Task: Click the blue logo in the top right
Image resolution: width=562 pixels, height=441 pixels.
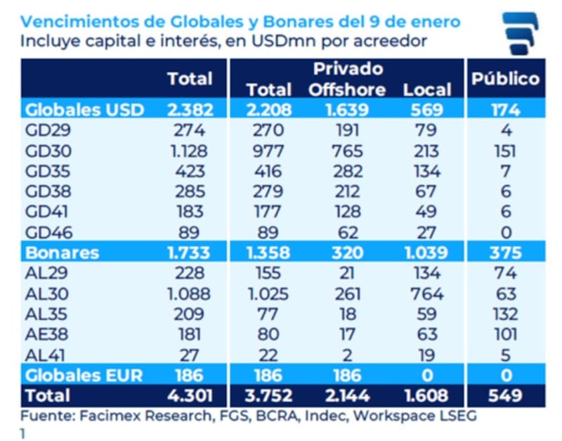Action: coord(521,32)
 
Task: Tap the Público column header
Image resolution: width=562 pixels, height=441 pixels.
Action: coord(505,78)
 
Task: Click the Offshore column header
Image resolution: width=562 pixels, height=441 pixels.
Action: coord(347,89)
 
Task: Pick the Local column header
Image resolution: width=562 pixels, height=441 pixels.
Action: coord(427,89)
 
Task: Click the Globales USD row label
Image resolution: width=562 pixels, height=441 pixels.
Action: coord(84,110)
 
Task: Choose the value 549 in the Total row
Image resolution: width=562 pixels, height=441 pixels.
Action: coord(505,395)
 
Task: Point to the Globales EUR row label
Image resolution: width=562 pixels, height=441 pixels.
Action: coord(84,375)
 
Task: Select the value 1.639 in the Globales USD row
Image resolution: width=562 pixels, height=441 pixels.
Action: coord(347,110)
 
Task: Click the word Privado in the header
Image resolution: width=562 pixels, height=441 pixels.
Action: coord(348,68)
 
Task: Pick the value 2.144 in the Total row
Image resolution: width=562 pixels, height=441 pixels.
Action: coord(347,395)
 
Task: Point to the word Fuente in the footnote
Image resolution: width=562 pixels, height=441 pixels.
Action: coord(44,416)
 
